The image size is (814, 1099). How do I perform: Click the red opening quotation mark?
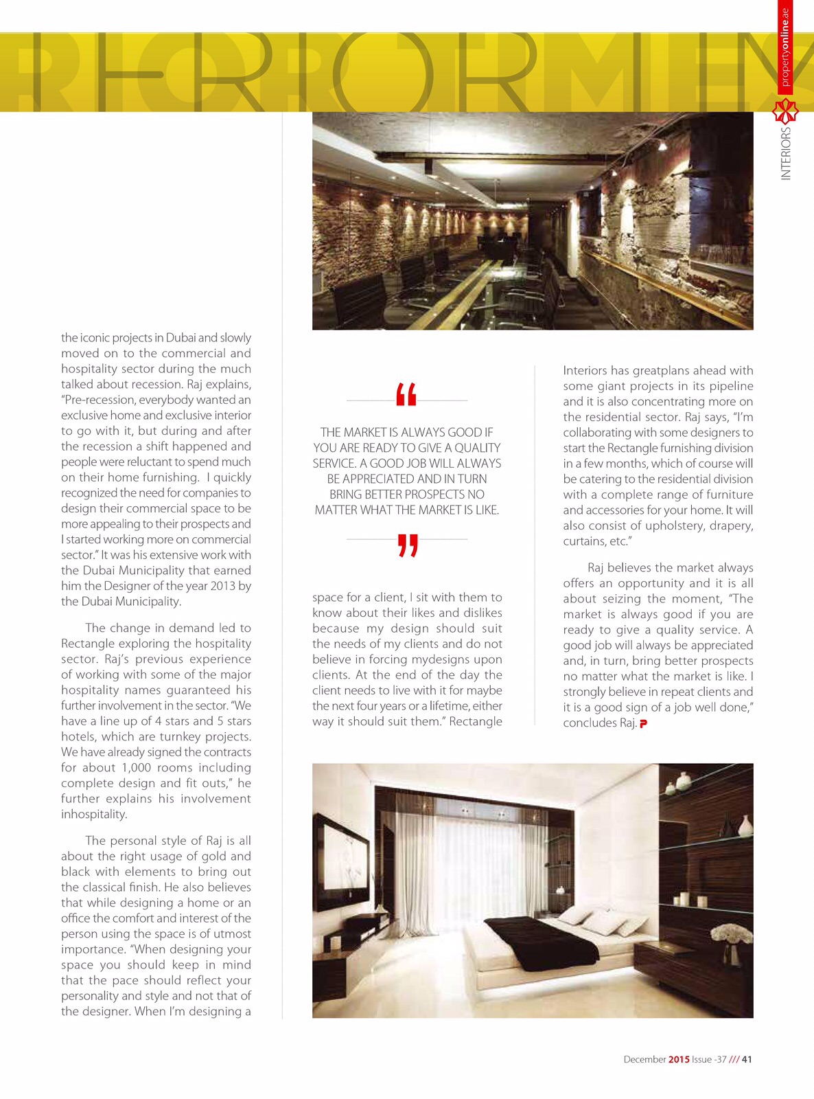(x=406, y=395)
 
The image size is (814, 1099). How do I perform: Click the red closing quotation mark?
(x=408, y=545)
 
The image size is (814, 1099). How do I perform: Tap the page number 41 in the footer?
(x=747, y=1059)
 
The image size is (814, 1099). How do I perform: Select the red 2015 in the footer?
(x=679, y=1059)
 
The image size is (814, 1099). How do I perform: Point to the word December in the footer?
(x=644, y=1059)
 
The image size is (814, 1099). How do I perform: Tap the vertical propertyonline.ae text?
(x=786, y=48)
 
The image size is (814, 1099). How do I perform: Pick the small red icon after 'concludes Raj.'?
(x=643, y=723)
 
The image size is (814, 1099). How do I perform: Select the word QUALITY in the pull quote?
(x=478, y=448)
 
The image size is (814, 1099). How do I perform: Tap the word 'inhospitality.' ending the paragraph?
(x=94, y=815)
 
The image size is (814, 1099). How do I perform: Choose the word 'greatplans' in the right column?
(x=663, y=370)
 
